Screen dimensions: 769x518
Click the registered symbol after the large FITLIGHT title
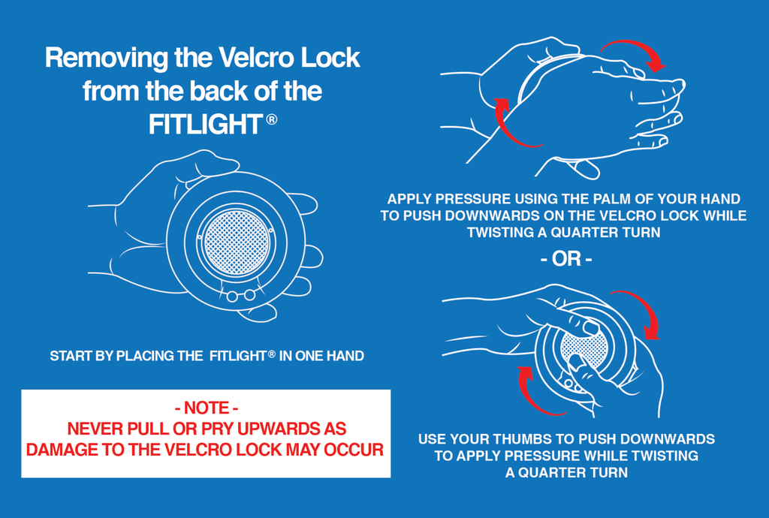[272, 119]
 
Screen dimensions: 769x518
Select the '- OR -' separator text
[566, 259]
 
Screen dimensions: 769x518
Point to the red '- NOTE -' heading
[207, 408]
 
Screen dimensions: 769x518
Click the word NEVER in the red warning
[95, 429]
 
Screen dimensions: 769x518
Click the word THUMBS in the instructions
[523, 439]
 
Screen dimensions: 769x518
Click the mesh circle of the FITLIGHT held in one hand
[237, 242]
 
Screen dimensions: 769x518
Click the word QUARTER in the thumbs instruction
[552, 472]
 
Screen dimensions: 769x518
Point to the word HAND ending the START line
[345, 356]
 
